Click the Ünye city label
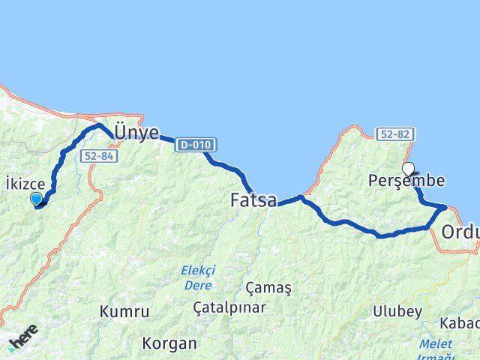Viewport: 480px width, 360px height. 136,133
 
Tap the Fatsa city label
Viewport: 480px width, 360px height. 253,200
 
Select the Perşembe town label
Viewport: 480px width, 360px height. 406,181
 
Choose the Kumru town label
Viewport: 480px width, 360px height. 124,311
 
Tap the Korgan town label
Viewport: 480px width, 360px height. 172,343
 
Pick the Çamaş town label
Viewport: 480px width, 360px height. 268,287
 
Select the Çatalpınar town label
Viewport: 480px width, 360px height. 229,307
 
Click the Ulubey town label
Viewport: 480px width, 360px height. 397,311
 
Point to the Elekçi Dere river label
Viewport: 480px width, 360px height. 198,277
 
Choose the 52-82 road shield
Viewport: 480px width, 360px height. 395,134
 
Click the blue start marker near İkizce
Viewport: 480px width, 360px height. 36,198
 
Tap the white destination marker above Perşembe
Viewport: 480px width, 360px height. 409,169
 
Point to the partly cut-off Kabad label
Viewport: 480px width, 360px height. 462,322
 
